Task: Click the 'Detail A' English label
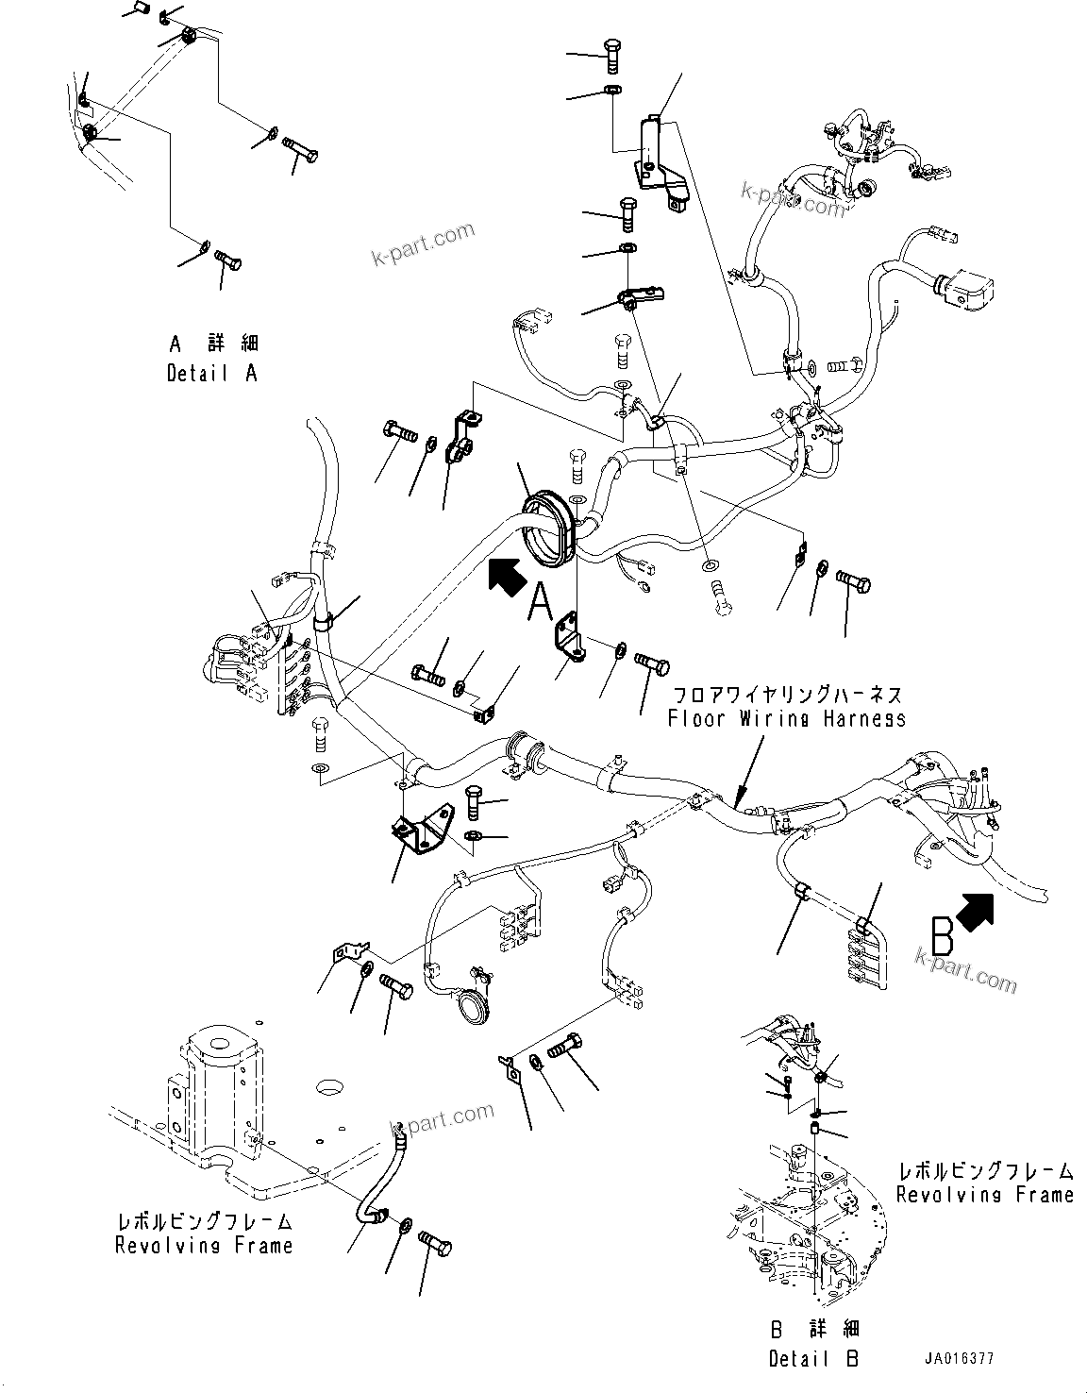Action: pos(211,374)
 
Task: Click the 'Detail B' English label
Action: pos(813,1359)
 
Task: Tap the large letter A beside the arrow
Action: pos(540,602)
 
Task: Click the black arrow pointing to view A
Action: pos(506,575)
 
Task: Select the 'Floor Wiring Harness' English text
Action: pos(786,719)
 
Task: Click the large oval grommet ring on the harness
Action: pos(547,529)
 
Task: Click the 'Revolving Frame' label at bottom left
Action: pos(203,1246)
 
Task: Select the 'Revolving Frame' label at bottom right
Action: pos(984,1195)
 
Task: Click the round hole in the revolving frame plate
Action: pos(331,1088)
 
